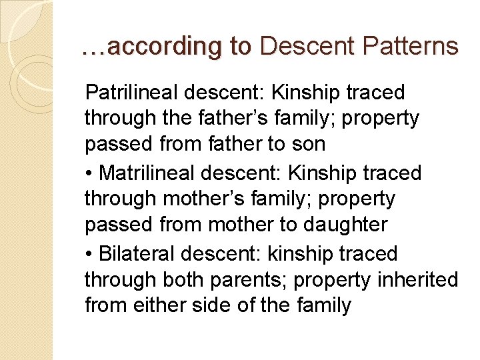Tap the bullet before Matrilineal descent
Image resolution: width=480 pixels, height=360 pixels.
point(89,173)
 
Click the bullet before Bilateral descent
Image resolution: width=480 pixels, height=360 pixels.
point(89,254)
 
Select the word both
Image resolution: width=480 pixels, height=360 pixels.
point(181,280)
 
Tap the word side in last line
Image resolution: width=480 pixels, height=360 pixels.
point(209,306)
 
